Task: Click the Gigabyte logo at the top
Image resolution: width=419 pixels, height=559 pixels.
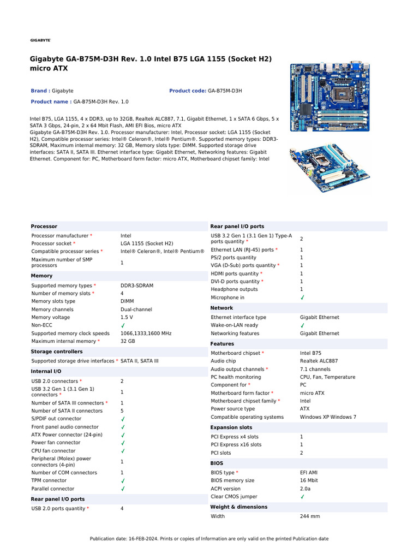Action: tap(40, 40)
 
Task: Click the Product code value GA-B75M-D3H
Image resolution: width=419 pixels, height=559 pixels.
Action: tap(225, 91)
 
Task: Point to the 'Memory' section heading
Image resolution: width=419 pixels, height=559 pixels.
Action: tap(42, 276)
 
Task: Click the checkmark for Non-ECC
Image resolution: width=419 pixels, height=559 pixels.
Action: tap(123, 325)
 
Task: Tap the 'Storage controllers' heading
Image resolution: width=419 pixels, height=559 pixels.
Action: tap(57, 352)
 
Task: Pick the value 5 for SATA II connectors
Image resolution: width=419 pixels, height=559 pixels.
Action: tap(122, 411)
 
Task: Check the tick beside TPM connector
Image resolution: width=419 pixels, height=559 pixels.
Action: tap(123, 481)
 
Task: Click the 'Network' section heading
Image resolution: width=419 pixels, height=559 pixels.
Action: tap(222, 308)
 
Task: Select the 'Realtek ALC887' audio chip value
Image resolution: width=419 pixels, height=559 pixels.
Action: tap(319, 361)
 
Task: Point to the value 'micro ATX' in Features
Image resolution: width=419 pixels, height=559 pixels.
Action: tap(312, 393)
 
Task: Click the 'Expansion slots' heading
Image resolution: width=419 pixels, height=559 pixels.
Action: tap(231, 427)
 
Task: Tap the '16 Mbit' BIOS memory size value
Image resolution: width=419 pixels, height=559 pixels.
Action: tap(309, 480)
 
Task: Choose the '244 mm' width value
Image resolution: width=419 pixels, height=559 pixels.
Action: tap(310, 516)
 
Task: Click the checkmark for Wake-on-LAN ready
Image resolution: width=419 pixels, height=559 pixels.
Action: tap(302, 325)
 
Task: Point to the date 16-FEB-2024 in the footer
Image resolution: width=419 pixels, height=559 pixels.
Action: tap(136, 539)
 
